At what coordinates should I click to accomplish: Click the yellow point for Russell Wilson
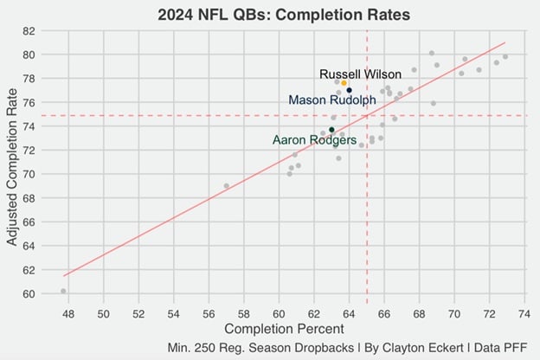(344, 83)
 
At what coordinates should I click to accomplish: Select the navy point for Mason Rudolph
(349, 90)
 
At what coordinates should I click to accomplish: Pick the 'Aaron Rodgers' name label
(314, 139)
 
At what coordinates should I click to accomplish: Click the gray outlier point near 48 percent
(63, 291)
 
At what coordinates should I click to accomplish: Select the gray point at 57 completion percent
(227, 186)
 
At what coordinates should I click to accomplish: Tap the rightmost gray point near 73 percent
(505, 56)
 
